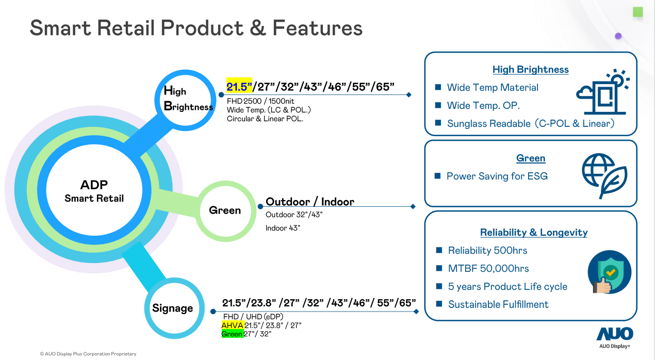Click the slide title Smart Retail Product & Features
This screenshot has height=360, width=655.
click(196, 28)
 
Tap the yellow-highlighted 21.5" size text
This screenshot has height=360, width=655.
click(239, 86)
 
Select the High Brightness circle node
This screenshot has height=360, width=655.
click(184, 98)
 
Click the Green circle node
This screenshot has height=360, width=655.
click(225, 210)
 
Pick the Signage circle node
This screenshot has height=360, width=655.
click(172, 308)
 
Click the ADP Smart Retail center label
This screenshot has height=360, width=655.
click(94, 191)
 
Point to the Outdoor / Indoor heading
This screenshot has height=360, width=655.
click(309, 202)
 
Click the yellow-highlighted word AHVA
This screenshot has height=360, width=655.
click(232, 325)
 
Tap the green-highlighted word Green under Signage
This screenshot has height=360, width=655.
click(232, 334)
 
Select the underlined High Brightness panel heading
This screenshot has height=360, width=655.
click(530, 70)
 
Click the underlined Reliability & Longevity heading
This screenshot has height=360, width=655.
click(533, 233)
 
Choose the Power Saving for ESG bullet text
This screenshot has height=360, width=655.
click(497, 176)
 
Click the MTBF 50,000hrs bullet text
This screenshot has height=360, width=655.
click(488, 269)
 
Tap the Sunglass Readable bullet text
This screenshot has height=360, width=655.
click(530, 124)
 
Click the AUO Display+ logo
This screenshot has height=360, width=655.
click(614, 337)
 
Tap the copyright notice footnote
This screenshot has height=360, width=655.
click(88, 354)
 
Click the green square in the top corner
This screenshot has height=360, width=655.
click(638, 11)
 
